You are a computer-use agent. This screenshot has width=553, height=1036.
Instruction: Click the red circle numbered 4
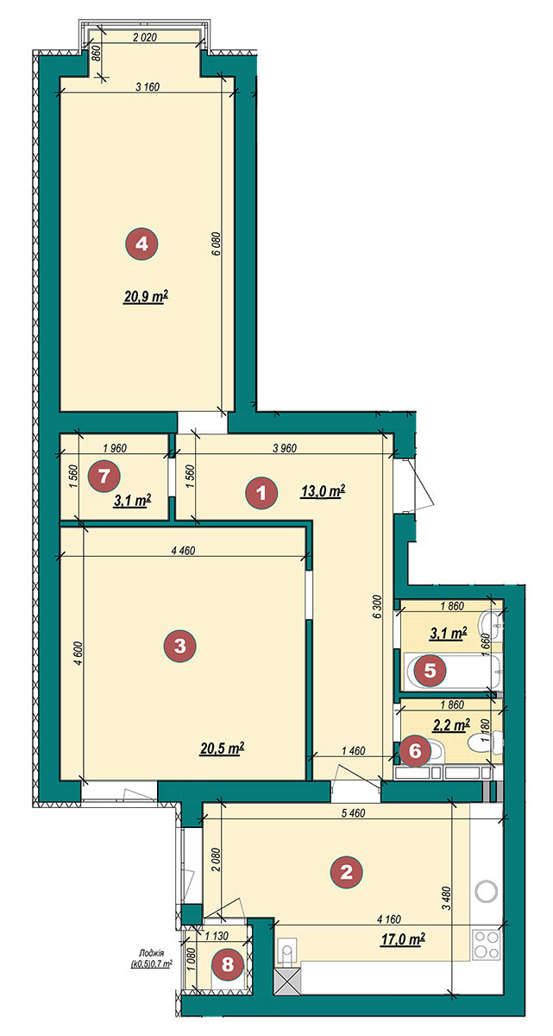[x=141, y=243]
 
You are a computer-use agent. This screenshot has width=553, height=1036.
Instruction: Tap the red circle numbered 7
[x=104, y=476]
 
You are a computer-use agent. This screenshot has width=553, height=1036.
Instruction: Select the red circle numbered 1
[x=261, y=494]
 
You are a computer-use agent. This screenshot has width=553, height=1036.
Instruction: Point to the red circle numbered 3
[x=179, y=646]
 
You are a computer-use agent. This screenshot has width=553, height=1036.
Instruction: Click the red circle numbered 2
[x=346, y=872]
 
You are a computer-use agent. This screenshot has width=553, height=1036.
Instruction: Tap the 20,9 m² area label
[x=145, y=297]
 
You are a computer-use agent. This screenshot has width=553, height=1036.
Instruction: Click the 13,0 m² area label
[x=323, y=491]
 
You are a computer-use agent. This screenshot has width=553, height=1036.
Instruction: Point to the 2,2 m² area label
[x=451, y=724]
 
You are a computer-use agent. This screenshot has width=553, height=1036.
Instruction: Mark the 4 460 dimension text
[x=184, y=551]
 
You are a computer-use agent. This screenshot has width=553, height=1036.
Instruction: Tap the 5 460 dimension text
[x=353, y=813]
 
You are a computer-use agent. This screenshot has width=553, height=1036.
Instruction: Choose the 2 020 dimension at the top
[x=145, y=38]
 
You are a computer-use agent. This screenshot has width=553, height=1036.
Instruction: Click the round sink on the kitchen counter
[x=487, y=890]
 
